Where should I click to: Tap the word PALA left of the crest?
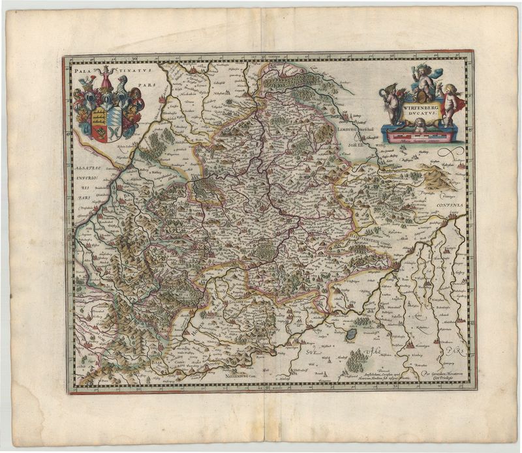(83, 66)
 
